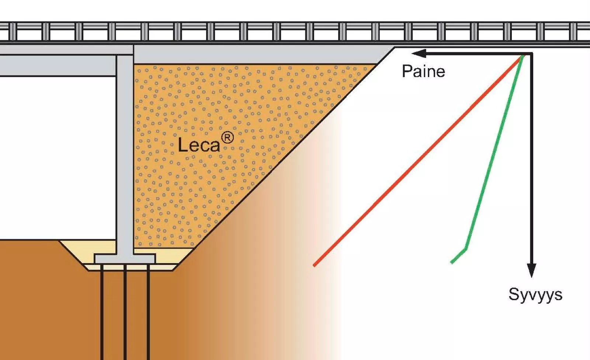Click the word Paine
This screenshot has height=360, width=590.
(x=423, y=71)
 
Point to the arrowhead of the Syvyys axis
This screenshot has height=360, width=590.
(x=531, y=270)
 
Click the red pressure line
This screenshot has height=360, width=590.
(x=417, y=161)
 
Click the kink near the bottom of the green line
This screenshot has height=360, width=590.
(x=466, y=249)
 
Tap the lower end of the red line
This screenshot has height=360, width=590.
(x=314, y=265)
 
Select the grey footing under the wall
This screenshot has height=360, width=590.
(x=125, y=259)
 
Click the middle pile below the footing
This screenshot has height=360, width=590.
(x=125, y=312)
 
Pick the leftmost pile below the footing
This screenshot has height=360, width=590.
(x=102, y=312)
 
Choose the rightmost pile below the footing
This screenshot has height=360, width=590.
(x=148, y=312)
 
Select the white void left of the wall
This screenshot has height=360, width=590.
(x=58, y=158)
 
